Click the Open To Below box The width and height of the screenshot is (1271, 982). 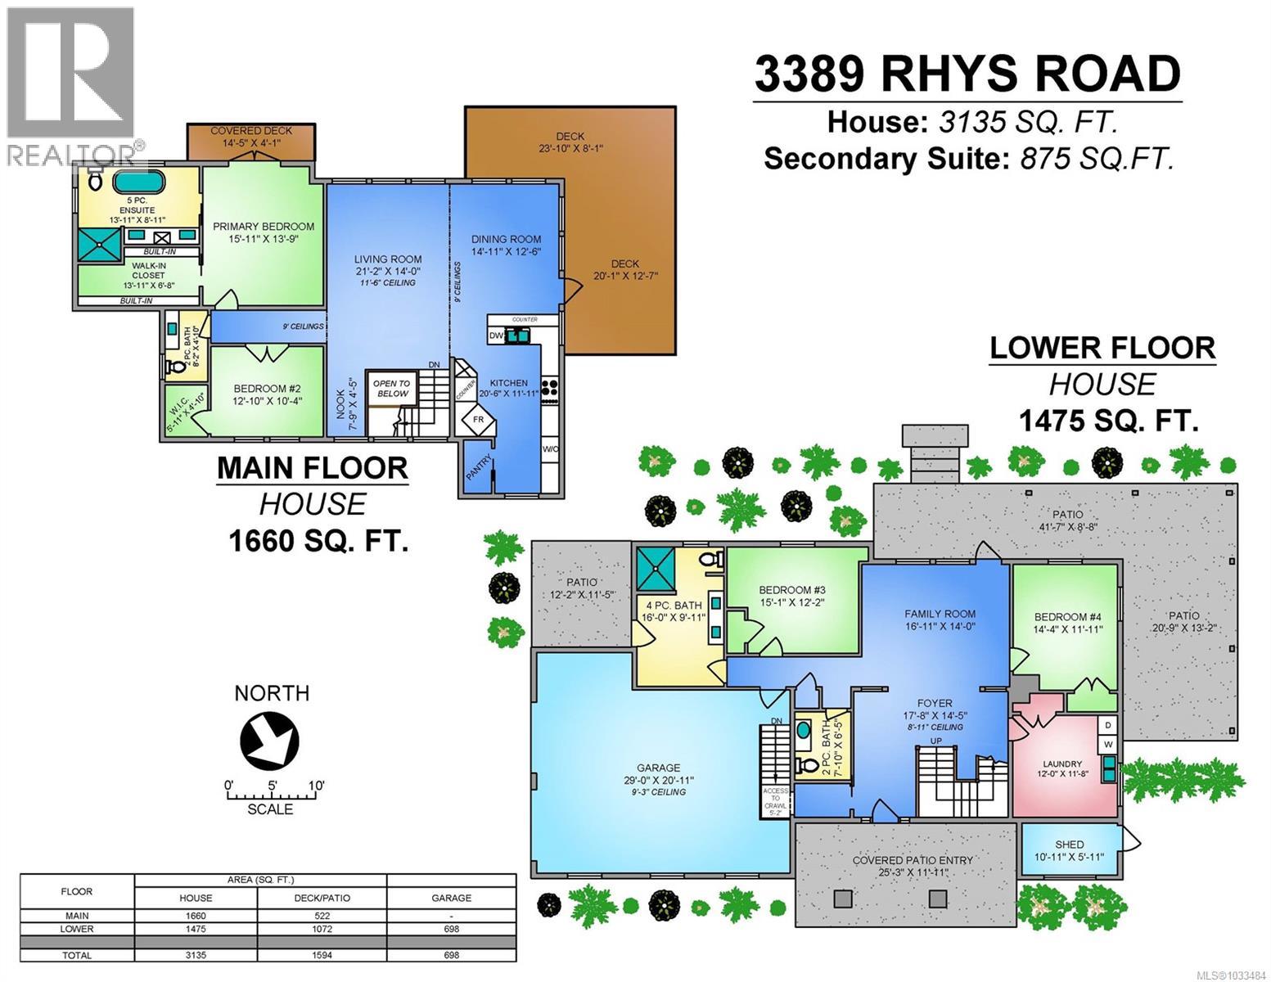pos(392,388)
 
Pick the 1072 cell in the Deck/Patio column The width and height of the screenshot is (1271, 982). pos(322,929)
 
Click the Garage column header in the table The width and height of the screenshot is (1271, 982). pos(451,898)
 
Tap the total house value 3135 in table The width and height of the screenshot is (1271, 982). pos(196,955)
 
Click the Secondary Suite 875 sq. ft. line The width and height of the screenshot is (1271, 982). pos(968,158)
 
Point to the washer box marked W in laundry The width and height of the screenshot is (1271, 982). pos(1108,744)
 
